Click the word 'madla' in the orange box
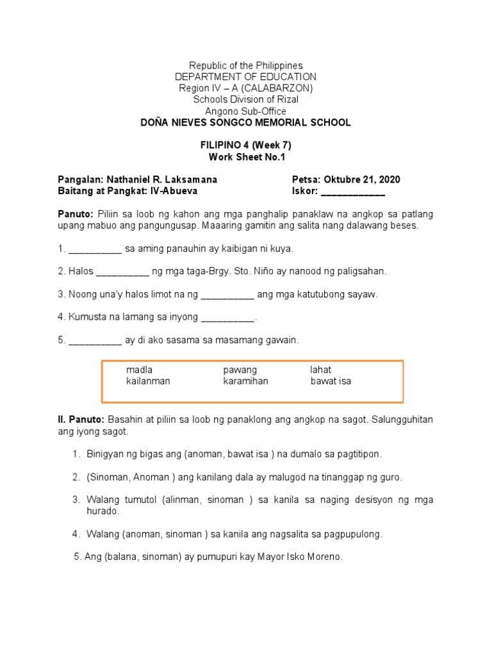click(139, 370)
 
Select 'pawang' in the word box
click(240, 370)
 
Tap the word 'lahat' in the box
click(321, 370)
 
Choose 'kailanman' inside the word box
click(148, 381)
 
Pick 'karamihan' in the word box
click(245, 381)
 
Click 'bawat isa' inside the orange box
click(331, 381)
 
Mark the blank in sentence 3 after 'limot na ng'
click(227, 295)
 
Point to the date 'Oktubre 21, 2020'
click(362, 179)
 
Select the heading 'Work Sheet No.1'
click(246, 157)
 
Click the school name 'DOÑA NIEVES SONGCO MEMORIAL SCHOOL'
click(246, 122)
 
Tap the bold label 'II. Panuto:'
click(81, 420)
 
